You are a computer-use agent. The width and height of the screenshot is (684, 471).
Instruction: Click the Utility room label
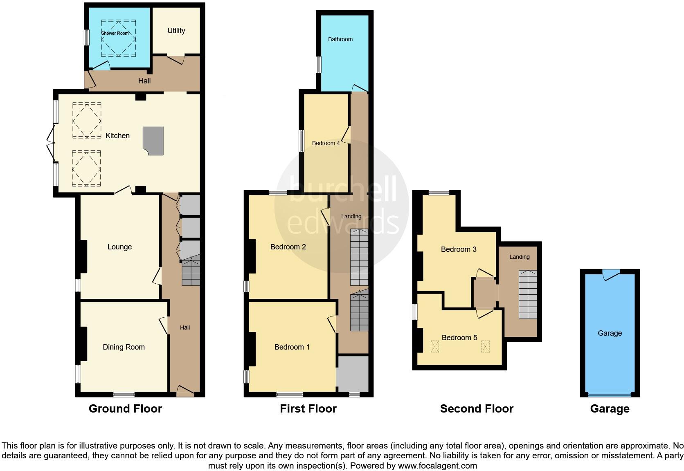(176, 31)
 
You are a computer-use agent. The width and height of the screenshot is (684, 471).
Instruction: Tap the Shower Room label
(115, 33)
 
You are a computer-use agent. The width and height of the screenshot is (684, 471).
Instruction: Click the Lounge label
(119, 247)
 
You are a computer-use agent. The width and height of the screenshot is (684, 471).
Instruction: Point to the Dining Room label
(124, 347)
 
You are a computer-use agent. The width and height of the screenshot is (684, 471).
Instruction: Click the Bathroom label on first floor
(340, 39)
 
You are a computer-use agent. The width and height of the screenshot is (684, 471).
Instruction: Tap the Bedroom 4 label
(326, 143)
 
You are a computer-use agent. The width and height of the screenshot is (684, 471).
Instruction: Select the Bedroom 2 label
(288, 247)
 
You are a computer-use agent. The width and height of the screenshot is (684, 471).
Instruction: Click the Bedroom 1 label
(292, 347)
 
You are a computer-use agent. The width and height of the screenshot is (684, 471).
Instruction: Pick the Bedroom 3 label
(459, 249)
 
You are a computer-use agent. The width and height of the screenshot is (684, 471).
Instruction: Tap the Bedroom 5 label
(459, 338)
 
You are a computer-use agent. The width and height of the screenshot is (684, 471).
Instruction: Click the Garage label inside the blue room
(610, 333)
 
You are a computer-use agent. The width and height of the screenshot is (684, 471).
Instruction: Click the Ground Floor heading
(125, 409)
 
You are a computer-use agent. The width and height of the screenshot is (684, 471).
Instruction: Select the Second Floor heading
(477, 409)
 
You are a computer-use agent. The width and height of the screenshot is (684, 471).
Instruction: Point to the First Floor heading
(308, 409)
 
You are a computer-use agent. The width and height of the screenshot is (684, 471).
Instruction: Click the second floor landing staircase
(528, 294)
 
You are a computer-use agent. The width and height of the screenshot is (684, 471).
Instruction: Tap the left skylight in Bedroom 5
(434, 347)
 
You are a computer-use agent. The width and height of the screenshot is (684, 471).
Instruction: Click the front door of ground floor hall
(185, 391)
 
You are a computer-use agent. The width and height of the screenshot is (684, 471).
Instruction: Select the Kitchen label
(117, 136)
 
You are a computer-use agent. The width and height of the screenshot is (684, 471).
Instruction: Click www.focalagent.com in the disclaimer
(437, 466)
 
